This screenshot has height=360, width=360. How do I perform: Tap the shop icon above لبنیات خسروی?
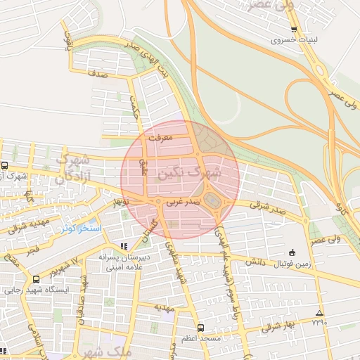[294, 30]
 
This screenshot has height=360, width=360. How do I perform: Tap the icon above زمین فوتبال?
[292, 252]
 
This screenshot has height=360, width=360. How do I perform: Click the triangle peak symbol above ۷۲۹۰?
[320, 313]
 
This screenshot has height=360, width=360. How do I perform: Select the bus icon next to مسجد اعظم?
[202, 328]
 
